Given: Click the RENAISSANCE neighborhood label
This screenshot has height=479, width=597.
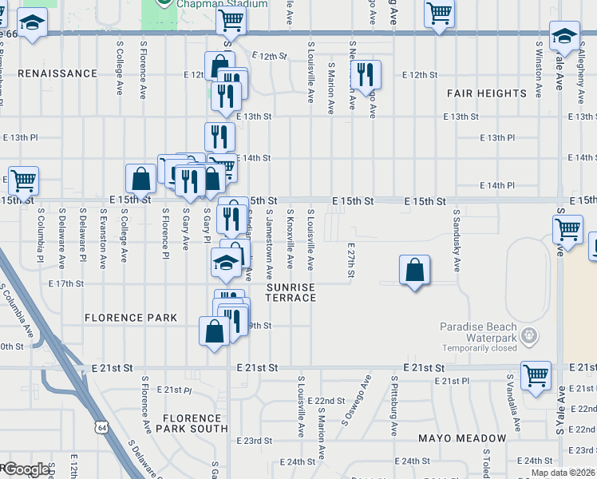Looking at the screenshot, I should coord(57,73).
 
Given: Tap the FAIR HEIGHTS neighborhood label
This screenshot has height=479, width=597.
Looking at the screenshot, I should coord(486,93).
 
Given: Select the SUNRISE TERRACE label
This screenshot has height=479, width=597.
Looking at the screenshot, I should coord(291,292).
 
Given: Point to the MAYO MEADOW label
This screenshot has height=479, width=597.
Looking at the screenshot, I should coord(462,438).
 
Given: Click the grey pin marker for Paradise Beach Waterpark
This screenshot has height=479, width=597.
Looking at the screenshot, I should coord(528,338).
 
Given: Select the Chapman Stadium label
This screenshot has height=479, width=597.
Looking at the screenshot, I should coord(203,3).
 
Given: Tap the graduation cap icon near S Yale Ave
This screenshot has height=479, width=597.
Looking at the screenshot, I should coord(564,35).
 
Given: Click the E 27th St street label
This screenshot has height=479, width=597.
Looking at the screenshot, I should coord(350,262).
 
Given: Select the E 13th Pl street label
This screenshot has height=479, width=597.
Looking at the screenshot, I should coord(497,138).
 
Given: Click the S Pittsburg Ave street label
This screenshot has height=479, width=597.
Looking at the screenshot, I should coord(393,406).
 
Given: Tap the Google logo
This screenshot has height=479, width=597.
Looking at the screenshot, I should coord(26,469).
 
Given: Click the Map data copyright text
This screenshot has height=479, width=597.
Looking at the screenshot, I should coord(562,473).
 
